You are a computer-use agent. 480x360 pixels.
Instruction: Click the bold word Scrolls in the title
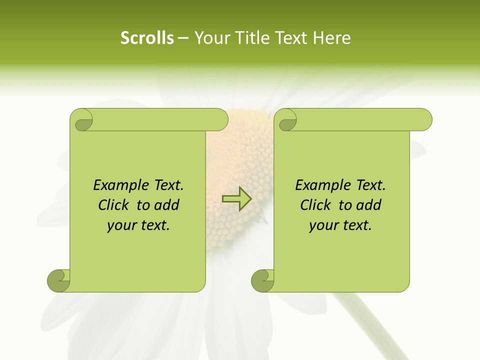(x=147, y=38)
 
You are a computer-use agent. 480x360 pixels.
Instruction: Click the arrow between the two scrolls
(x=237, y=198)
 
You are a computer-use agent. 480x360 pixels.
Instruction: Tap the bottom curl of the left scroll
(x=58, y=280)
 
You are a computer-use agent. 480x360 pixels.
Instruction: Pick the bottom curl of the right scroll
(x=262, y=280)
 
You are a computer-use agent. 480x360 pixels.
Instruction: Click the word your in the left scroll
(x=121, y=226)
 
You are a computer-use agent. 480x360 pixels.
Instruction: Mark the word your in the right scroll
(x=323, y=226)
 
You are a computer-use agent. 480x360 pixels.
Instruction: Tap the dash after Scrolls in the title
(x=183, y=38)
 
